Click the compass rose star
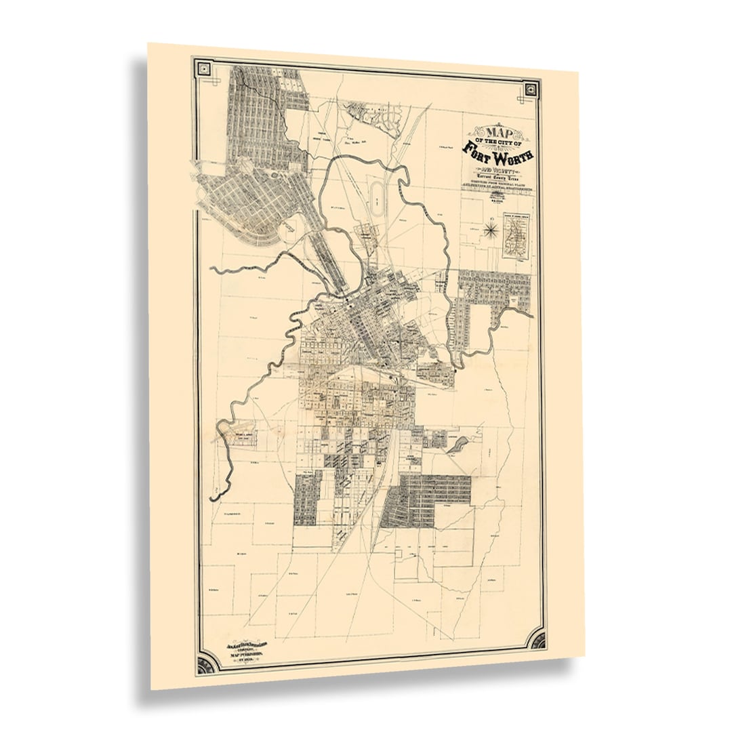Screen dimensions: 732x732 490,231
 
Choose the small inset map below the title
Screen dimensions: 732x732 516,234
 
